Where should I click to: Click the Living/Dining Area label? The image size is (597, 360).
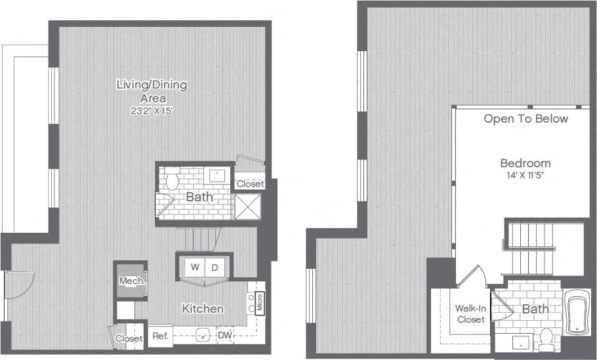pyautogui.click(x=152, y=91)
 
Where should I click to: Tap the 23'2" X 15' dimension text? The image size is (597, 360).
pyautogui.click(x=152, y=111)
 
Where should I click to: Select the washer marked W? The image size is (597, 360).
pyautogui.click(x=195, y=267)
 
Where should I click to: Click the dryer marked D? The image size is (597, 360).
pyautogui.click(x=215, y=267)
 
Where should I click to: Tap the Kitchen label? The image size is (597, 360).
pyautogui.click(x=203, y=308)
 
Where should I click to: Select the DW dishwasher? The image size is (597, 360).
pyautogui.click(x=224, y=336)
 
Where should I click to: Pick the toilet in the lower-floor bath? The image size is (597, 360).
pyautogui.click(x=173, y=178)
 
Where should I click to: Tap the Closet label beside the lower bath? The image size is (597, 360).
pyautogui.click(x=249, y=184)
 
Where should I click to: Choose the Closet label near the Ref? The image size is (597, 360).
pyautogui.click(x=129, y=338)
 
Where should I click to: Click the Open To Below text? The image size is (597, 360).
pyautogui.click(x=525, y=119)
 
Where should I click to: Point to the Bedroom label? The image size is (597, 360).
pyautogui.click(x=525, y=163)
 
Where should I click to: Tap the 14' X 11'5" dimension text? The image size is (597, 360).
pyautogui.click(x=525, y=176)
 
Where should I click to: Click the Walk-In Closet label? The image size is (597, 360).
pyautogui.click(x=471, y=313)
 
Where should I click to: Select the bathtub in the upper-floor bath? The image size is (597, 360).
pyautogui.click(x=577, y=313)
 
